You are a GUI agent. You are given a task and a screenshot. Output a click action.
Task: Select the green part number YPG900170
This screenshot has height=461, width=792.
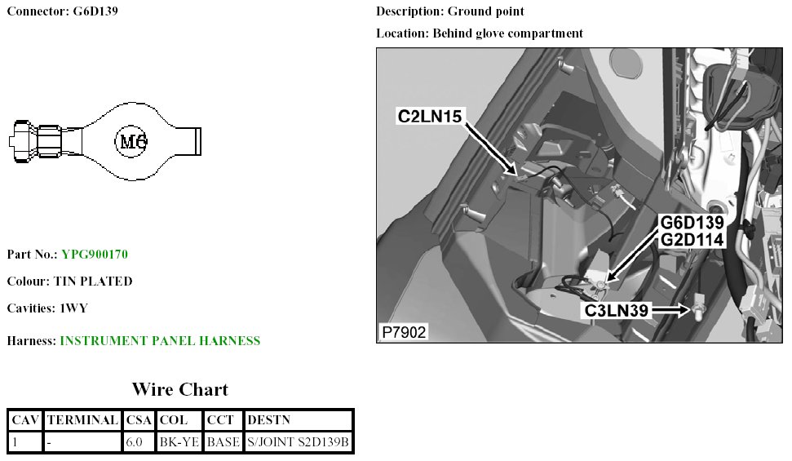(x=95, y=255)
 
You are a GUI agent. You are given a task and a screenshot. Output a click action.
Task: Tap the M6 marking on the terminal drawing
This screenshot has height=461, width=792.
(x=131, y=142)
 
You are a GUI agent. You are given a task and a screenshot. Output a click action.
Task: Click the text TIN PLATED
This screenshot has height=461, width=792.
(x=93, y=281)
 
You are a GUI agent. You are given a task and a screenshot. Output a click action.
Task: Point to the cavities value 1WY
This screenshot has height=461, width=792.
(x=73, y=308)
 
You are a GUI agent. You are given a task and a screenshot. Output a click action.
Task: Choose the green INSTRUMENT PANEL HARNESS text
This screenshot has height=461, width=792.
(x=160, y=341)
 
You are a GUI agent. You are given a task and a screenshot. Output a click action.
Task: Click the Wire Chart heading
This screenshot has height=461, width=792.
(x=180, y=389)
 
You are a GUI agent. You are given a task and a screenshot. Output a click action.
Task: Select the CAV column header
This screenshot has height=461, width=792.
(x=25, y=420)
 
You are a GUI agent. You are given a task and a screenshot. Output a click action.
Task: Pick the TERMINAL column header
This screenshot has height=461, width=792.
(x=82, y=420)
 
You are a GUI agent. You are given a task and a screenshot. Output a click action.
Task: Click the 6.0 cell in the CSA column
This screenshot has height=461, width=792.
(x=135, y=442)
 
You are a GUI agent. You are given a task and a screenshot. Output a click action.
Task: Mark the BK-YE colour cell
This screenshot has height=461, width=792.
(x=178, y=442)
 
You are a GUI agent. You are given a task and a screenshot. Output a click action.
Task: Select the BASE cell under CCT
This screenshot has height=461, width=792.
(x=223, y=442)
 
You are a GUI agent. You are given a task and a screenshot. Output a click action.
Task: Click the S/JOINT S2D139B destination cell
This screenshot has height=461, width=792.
(x=298, y=442)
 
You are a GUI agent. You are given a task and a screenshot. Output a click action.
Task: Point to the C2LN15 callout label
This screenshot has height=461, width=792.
(x=430, y=117)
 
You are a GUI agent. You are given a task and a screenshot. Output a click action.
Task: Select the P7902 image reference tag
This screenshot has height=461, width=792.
(x=405, y=332)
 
